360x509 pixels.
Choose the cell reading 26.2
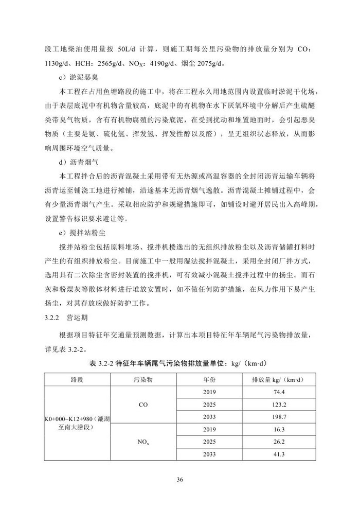coord(280,442)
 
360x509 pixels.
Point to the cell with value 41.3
coord(280,454)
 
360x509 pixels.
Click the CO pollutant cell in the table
coord(143,405)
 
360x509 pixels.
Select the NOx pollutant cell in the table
coord(143,442)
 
